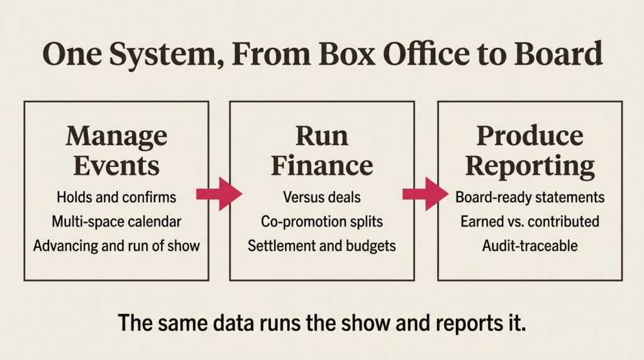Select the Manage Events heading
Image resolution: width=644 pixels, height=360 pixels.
116,151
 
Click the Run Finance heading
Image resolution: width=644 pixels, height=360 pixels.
322,151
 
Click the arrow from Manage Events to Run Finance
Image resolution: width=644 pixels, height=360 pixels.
219,194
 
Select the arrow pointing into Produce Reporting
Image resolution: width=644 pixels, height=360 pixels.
426,194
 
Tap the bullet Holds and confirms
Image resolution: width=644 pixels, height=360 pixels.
116,197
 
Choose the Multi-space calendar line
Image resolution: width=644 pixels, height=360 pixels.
116,222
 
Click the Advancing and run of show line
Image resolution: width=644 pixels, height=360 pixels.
116,245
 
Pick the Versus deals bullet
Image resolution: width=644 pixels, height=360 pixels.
322,197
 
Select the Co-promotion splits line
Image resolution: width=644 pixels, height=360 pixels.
322,222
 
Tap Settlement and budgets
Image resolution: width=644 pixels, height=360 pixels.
322,245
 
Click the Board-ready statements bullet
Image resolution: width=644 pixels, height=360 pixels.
530,197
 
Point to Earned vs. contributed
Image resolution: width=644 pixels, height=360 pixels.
530,222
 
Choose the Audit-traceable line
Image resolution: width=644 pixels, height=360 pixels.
530,245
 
